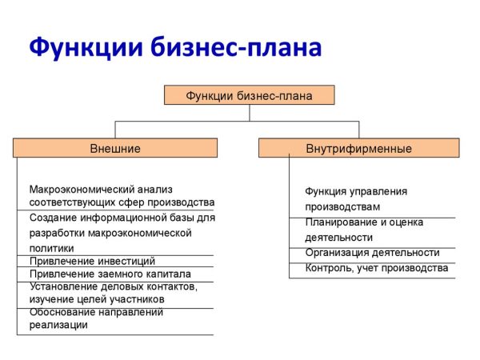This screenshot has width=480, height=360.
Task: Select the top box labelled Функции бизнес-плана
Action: click(x=249, y=95)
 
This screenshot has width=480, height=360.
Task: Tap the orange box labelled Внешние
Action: click(x=115, y=148)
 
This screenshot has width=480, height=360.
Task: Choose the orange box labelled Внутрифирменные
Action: click(x=358, y=148)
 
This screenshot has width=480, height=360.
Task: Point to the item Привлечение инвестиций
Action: click(x=92, y=261)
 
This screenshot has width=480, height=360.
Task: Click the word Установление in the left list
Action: click(x=61, y=286)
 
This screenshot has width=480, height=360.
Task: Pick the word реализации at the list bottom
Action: click(x=58, y=326)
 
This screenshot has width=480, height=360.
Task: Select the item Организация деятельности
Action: click(x=372, y=253)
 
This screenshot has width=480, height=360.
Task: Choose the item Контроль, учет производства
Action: click(x=376, y=268)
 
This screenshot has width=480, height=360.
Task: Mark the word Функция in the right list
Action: click(x=325, y=192)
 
